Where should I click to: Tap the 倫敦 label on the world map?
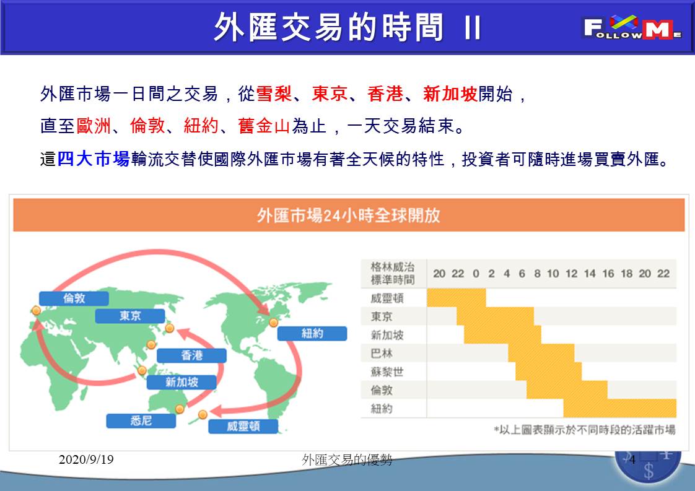(74, 298)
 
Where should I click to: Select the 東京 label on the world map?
(130, 316)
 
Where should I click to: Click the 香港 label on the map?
(191, 355)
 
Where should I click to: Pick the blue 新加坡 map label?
(181, 382)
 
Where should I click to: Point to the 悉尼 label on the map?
(141, 420)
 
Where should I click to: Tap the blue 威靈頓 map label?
(243, 427)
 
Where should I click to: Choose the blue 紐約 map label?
(312, 333)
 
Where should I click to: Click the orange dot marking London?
(37, 311)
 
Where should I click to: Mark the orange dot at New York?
(274, 322)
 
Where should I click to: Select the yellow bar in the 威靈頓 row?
(457, 298)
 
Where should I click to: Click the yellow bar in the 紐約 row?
(619, 408)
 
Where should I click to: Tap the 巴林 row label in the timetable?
(382, 353)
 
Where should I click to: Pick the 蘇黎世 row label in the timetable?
(387, 372)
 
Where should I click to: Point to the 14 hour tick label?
(590, 274)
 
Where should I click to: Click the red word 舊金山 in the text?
(264, 126)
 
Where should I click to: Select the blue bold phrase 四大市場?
(94, 159)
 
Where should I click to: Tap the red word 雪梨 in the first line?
(274, 94)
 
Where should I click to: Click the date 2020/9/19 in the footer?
(86, 459)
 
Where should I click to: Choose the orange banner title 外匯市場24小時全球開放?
(348, 215)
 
